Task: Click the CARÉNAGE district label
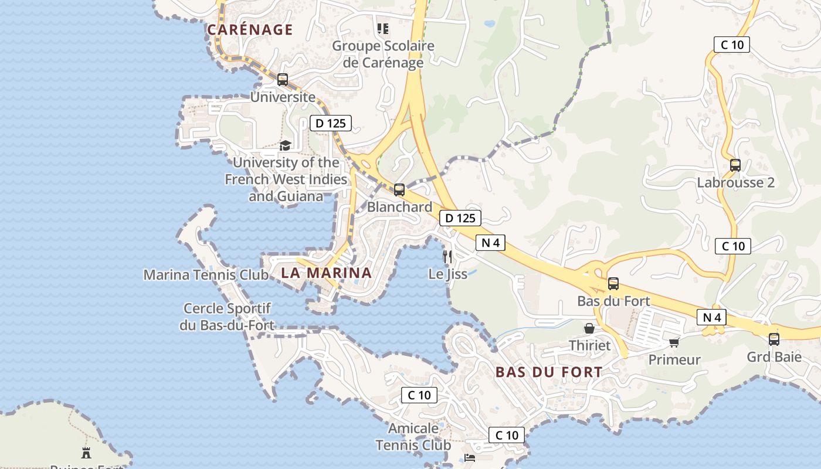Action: (x=250, y=30)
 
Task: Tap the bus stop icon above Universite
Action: (x=283, y=80)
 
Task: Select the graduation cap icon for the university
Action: (x=285, y=145)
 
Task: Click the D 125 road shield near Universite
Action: (x=330, y=123)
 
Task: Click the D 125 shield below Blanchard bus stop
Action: (x=460, y=218)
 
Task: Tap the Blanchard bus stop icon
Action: (x=399, y=190)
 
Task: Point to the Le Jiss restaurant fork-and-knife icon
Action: (x=447, y=256)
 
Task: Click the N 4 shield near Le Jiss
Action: (x=490, y=243)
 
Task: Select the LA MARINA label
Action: (x=326, y=273)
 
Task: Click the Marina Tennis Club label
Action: (x=206, y=274)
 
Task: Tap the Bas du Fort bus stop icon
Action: (x=613, y=284)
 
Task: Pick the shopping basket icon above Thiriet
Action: (x=589, y=328)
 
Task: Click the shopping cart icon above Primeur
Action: (x=674, y=342)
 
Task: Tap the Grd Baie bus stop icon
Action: (x=774, y=339)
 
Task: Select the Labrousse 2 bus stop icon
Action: (x=735, y=165)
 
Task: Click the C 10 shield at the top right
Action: (x=732, y=45)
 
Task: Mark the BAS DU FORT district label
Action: (x=548, y=372)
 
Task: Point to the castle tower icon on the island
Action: (x=86, y=452)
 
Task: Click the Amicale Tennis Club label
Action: (x=413, y=437)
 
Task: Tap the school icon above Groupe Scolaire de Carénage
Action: (x=383, y=28)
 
